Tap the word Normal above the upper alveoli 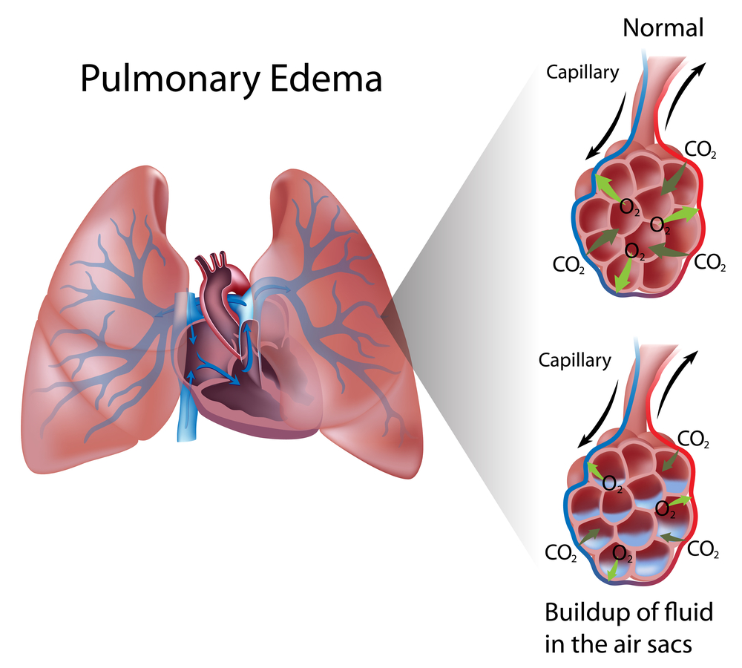[x=663, y=27]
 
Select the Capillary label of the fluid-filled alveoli [x=574, y=361]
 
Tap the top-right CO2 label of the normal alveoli [x=700, y=150]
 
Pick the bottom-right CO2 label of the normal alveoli [x=709, y=262]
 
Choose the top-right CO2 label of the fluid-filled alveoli [x=695, y=440]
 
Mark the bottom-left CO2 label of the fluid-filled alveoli [x=561, y=553]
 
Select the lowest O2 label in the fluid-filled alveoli [x=622, y=553]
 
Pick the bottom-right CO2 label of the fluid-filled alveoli [x=703, y=549]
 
